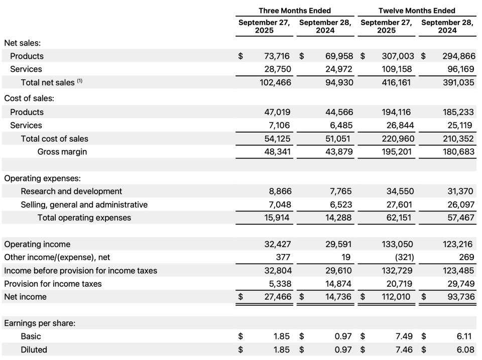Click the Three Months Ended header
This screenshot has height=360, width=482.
point(295,11)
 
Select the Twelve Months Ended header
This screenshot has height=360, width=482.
point(417,11)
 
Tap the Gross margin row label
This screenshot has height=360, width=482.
point(62,152)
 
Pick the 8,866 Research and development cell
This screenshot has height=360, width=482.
point(278,191)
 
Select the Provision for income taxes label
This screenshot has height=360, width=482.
point(53,284)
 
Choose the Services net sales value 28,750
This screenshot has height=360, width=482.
point(276,69)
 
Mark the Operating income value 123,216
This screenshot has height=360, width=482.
point(458,245)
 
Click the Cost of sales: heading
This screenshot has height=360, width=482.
point(29,99)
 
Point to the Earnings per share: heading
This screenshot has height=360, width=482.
point(40,323)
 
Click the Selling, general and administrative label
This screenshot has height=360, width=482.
point(84,204)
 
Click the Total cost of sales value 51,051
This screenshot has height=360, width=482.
point(338,139)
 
